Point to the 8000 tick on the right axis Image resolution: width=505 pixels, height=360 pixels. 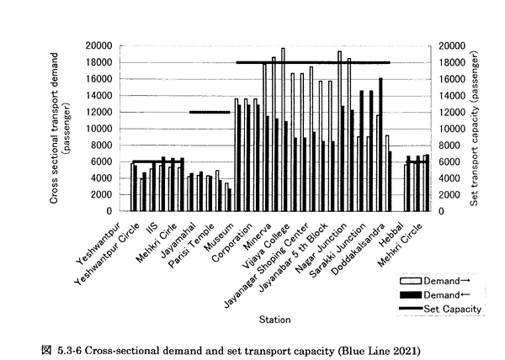pyautogui.click(x=451, y=145)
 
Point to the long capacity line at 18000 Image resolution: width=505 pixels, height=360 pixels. pyautogui.click(x=312, y=62)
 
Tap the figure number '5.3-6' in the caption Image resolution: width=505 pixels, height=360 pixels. pyautogui.click(x=63, y=347)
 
